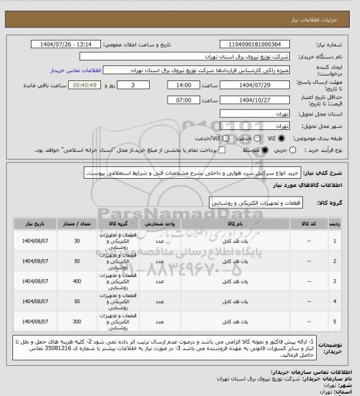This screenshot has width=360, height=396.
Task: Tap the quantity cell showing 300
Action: click(x=76, y=321)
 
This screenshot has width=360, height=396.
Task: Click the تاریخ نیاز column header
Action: click(x=34, y=224)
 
